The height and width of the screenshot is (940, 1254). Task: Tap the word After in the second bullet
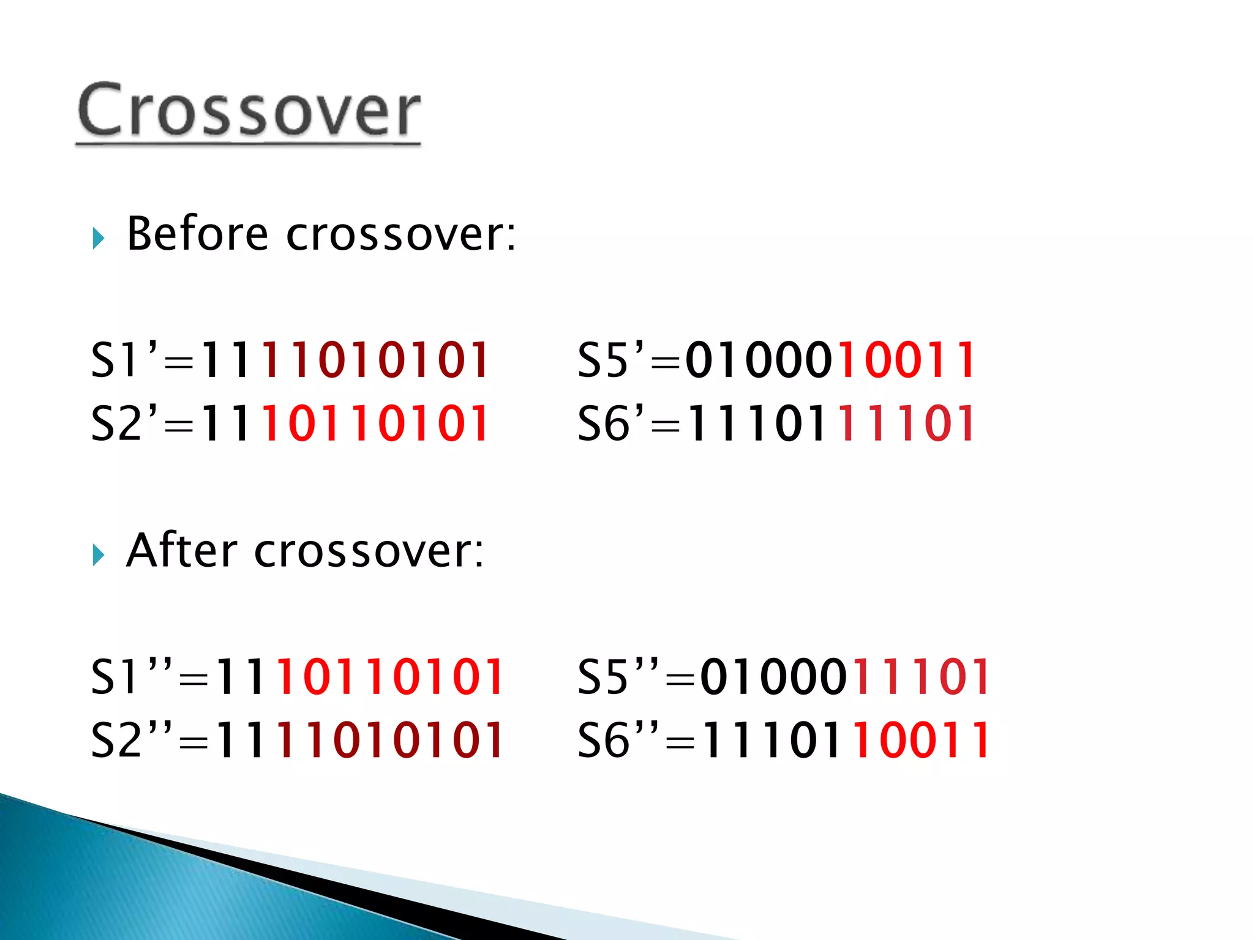[181, 550]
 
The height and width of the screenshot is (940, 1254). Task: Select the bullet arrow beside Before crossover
[99, 238]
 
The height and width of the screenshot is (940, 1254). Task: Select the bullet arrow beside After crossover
[99, 554]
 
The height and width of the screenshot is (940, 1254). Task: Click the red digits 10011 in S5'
[906, 360]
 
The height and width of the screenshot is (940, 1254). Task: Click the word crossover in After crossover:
[369, 551]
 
